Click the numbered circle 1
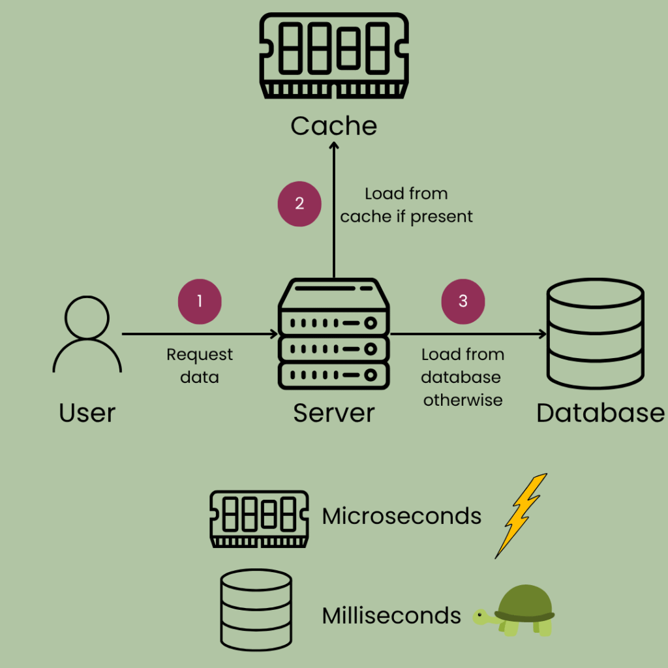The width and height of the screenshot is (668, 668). point(200,302)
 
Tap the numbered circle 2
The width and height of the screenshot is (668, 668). point(299,203)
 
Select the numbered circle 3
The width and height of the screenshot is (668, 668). point(463,301)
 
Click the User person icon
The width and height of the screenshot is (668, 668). point(87,334)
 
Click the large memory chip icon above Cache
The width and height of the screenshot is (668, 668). point(334,56)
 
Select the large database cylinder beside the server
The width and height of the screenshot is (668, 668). point(596,333)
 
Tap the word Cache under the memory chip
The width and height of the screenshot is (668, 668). point(334,126)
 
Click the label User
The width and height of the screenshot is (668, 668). point(87,413)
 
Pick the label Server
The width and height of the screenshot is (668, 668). point(334,413)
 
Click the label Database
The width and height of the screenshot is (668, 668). point(600,413)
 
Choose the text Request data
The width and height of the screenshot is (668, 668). point(200,366)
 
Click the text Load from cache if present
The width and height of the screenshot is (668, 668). point(406,205)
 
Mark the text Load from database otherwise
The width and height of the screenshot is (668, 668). point(463,377)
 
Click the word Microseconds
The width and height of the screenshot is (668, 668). point(402,516)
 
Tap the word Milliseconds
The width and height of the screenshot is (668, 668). point(391,615)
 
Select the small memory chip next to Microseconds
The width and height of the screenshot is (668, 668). point(259,519)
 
